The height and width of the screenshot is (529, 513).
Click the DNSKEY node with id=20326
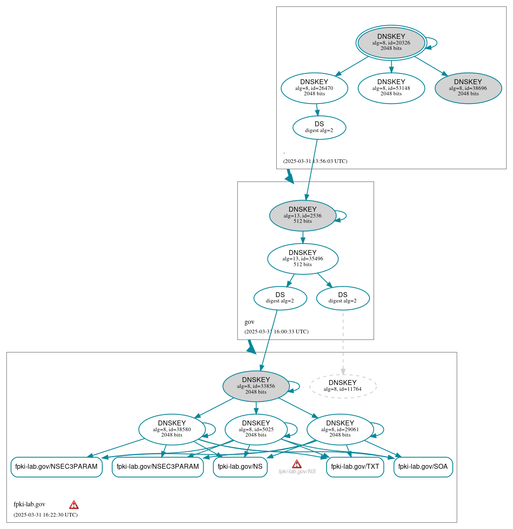(391, 43)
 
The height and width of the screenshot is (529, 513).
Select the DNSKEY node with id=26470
(314, 88)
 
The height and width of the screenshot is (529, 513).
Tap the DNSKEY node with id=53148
(391, 88)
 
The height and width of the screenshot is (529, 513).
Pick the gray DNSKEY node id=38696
(468, 88)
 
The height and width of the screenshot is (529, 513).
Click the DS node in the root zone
(319, 127)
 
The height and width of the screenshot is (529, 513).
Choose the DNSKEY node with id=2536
(303, 215)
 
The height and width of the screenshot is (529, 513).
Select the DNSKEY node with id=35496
(303, 259)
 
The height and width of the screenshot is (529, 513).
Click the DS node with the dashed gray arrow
(343, 298)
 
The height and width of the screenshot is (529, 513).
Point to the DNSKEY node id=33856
(256, 386)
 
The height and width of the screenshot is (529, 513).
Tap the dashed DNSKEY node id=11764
(343, 386)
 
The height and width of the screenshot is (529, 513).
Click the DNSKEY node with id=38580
(172, 430)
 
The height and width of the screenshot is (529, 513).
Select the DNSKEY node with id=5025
(256, 430)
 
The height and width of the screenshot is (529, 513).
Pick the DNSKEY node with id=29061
(340, 430)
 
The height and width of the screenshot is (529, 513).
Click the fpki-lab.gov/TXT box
(355, 467)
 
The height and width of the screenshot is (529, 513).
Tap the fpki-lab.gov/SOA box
(423, 467)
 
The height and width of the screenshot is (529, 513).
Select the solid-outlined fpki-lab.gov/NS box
(240, 467)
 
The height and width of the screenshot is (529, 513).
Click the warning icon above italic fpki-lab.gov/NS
(297, 464)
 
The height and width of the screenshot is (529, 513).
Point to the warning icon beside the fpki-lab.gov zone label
(74, 504)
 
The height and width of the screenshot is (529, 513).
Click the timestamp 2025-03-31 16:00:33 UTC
(276, 332)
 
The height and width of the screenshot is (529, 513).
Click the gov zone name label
(249, 322)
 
